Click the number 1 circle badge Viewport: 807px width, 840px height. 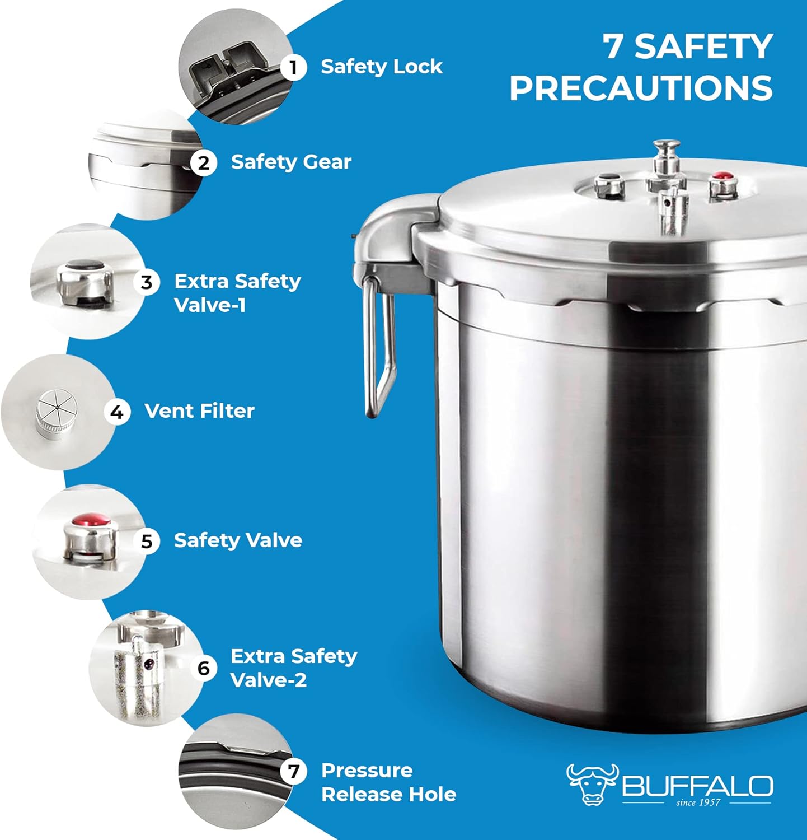pyautogui.click(x=293, y=68)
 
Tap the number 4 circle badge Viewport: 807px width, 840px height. pyautogui.click(x=117, y=412)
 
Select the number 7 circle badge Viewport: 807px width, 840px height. pyautogui.click(x=294, y=772)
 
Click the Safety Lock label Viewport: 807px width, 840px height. pyautogui.click(x=381, y=67)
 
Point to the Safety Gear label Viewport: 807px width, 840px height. pyautogui.click(x=291, y=162)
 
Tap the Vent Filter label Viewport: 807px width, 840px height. pyautogui.click(x=199, y=411)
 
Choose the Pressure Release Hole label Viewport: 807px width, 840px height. pyautogui.click(x=388, y=782)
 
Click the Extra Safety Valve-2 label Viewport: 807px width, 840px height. pyautogui.click(x=293, y=668)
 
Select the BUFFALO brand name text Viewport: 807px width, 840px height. pyautogui.click(x=697, y=786)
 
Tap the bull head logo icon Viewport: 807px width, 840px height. pyautogui.click(x=592, y=784)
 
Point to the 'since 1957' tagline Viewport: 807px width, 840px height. pyautogui.click(x=697, y=802)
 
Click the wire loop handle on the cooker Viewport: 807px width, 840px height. pyautogui.click(x=379, y=347)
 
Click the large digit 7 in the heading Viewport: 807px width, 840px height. pyautogui.click(x=614, y=46)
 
